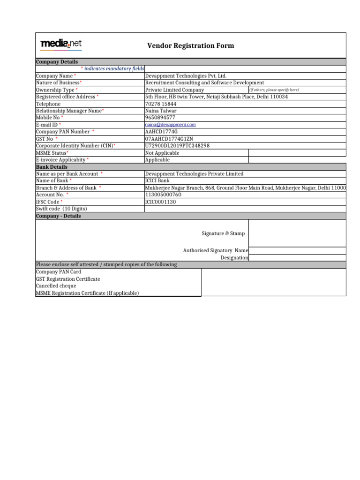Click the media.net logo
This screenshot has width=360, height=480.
pos(61,45)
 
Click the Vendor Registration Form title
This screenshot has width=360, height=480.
pos(191,45)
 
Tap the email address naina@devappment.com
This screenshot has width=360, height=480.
pos(170,125)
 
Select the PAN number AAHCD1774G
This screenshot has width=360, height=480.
pos(162,132)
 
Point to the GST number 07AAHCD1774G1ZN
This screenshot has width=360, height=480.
pos(169,139)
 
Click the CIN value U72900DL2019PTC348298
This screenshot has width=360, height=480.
pos(178,146)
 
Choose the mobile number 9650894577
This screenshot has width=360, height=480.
pos(160,118)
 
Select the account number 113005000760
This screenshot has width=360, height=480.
pos(163,195)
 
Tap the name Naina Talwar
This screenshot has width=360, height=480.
pos(161,111)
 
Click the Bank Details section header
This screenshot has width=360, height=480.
pos(52,167)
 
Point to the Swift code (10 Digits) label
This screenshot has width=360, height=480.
pos(61,209)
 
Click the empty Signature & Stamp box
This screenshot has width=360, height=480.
pos(297,233)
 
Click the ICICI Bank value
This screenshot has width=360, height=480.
pos(157,181)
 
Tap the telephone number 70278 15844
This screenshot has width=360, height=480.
pos(161,104)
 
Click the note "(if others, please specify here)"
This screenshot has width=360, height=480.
pos(274,90)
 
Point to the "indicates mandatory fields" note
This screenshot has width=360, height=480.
pos(112,69)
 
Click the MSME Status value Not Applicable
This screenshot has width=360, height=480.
pos(162,153)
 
